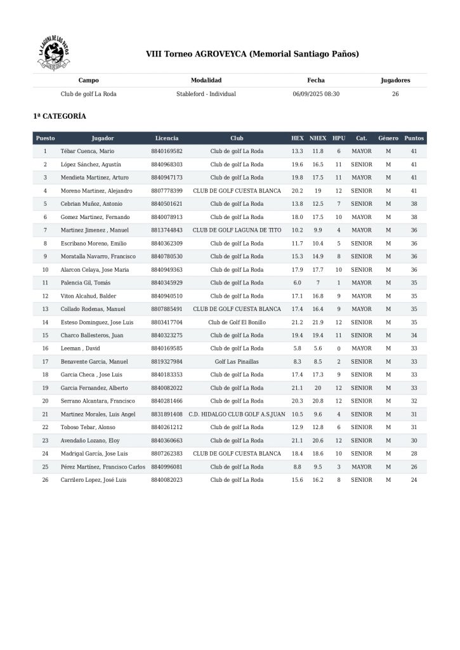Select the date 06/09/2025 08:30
(x=316, y=94)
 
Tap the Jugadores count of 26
(x=395, y=94)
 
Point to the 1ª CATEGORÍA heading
(x=60, y=117)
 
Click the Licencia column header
(x=167, y=138)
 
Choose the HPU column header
(x=339, y=138)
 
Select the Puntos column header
(x=414, y=138)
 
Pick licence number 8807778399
(x=167, y=190)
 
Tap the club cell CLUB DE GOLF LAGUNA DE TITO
(x=237, y=230)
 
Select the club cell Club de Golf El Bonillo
(x=237, y=322)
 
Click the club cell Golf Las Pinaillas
(x=237, y=361)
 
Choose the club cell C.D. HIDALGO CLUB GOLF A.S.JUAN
(x=237, y=414)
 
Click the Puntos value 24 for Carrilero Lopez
(x=414, y=480)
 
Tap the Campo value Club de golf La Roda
(x=88, y=94)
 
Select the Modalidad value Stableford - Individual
(x=206, y=94)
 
